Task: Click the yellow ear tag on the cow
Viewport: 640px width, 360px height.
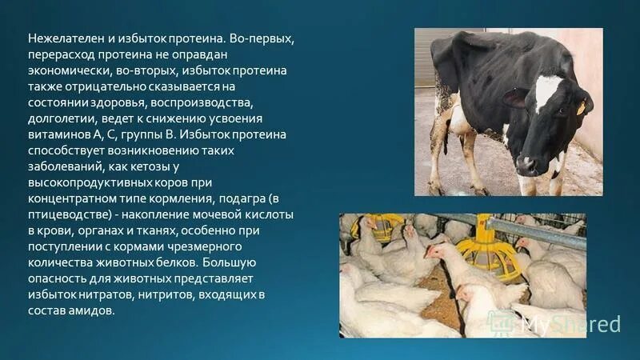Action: click(x=580, y=106)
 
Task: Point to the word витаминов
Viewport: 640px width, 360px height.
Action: click(x=58, y=135)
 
